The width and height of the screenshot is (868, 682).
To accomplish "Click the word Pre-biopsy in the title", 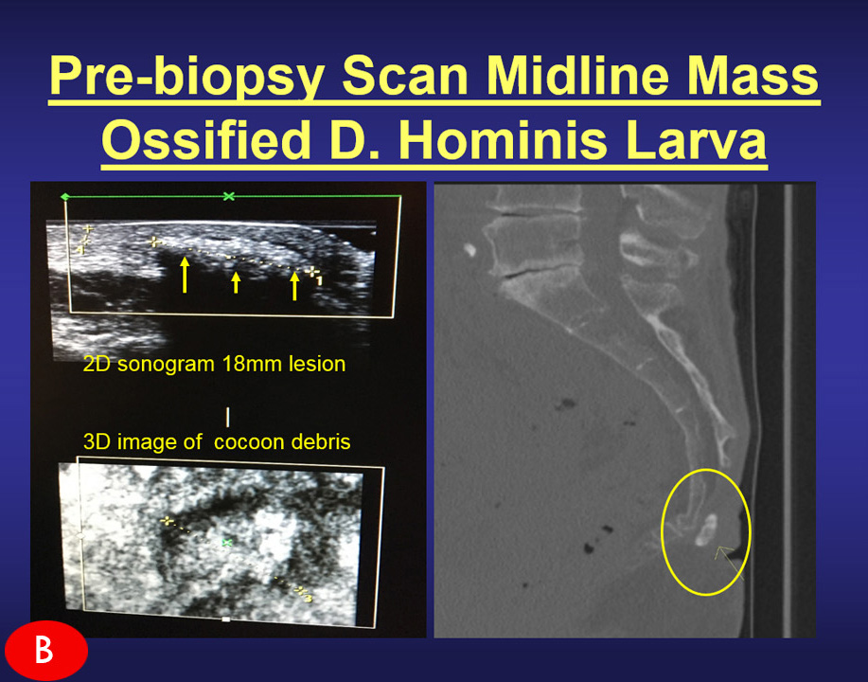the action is point(186,76).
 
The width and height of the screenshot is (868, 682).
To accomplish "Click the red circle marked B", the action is point(46,651).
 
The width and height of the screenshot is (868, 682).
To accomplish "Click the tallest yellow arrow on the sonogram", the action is point(185,275).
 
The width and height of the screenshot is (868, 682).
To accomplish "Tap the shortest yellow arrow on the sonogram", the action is point(237,282).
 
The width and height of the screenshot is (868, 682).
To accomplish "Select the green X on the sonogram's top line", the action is point(229,196).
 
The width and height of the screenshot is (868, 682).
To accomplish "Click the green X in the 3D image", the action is point(226,542).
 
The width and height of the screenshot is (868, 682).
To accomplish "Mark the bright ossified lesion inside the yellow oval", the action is point(706,529).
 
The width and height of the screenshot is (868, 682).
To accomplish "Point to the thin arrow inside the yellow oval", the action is point(730,562).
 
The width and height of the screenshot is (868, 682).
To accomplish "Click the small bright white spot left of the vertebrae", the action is point(470,250).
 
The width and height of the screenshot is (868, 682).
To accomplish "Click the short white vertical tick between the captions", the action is point(227,417).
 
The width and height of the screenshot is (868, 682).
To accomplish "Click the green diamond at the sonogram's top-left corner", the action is point(64,197).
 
